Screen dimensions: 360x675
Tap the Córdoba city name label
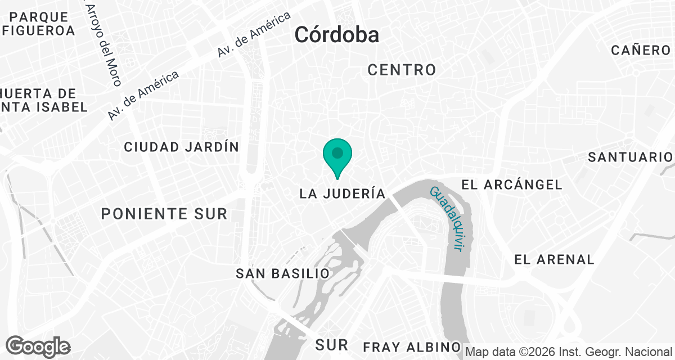[336, 35]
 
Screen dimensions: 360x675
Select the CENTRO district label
[402, 70]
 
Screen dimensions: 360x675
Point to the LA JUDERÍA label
[343, 193]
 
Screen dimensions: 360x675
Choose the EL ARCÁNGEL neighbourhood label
[511, 184]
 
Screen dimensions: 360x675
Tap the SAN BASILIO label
[282, 273]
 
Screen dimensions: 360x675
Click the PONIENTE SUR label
[164, 214]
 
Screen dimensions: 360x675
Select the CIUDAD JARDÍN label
[181, 147]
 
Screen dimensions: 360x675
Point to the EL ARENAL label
[554, 259]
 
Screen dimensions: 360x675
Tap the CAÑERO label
[640, 50]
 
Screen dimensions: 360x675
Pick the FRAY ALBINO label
[412, 346]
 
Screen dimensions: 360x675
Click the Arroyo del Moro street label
[103, 44]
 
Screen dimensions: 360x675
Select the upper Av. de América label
[254, 34]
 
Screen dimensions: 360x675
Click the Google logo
[38, 346]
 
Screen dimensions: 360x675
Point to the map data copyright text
[569, 352]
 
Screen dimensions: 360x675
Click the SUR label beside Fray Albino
[332, 344]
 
